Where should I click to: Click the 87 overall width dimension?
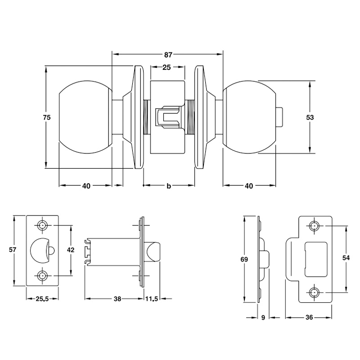click(168, 55)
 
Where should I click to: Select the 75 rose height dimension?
click(47, 117)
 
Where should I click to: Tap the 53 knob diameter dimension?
click(310, 117)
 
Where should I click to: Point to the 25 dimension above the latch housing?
click(166, 67)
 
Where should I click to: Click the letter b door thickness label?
click(169, 186)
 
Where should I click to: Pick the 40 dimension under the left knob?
click(86, 186)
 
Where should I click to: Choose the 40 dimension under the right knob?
click(249, 186)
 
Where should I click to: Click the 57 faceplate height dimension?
click(13, 249)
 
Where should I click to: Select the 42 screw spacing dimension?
click(71, 250)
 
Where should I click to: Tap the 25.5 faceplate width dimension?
click(42, 299)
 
